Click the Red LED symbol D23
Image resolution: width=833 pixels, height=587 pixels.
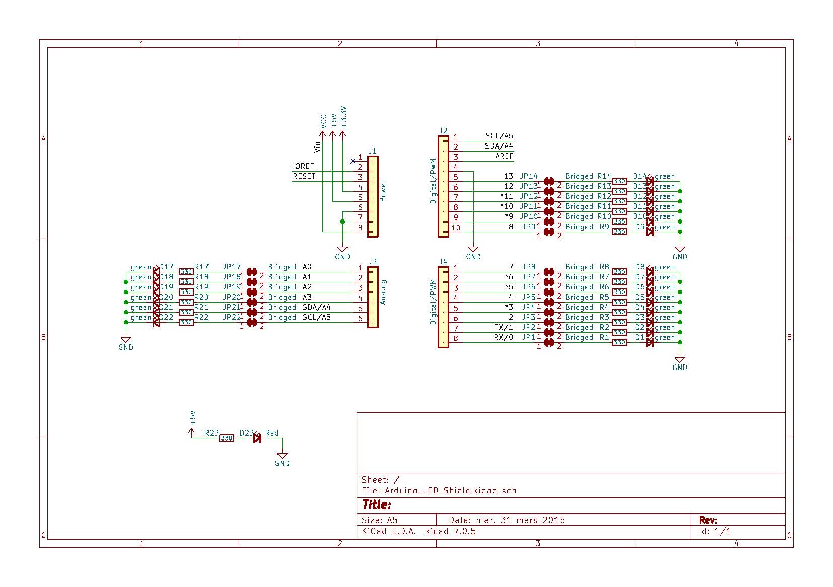(x=257, y=438)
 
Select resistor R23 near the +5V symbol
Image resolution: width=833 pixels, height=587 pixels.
(x=227, y=438)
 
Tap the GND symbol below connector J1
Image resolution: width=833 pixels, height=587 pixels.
(x=342, y=250)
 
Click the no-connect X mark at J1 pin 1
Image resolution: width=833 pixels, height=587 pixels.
(x=353, y=161)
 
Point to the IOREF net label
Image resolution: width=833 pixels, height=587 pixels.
(x=303, y=166)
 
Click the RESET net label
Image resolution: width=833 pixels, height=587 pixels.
(x=304, y=176)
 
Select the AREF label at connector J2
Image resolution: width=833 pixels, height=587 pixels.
(x=504, y=156)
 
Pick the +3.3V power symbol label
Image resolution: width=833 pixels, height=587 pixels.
(x=343, y=116)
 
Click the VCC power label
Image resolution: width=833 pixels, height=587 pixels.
(x=324, y=121)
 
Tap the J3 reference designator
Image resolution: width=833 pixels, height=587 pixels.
(x=373, y=262)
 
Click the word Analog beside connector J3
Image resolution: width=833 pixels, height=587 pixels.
(x=383, y=292)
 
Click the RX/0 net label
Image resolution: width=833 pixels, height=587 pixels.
(x=503, y=337)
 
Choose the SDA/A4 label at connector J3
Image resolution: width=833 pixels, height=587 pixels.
(x=316, y=307)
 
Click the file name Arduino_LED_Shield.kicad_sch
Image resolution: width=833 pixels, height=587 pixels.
(x=450, y=490)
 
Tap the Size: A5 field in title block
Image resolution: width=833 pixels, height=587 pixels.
(x=380, y=520)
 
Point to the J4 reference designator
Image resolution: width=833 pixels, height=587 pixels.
(x=443, y=262)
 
